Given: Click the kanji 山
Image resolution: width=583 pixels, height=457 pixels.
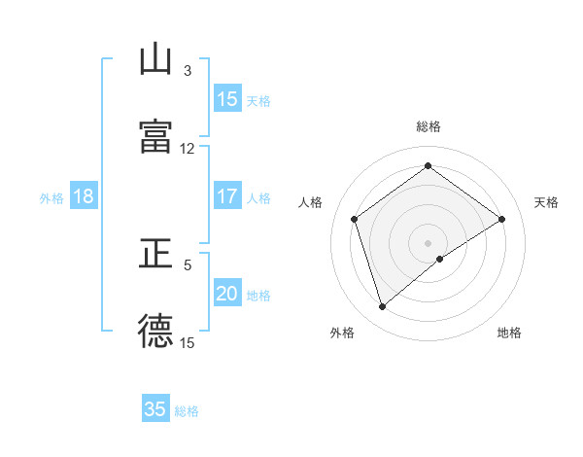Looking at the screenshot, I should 155,61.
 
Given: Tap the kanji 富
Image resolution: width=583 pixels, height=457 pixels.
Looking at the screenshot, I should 155,137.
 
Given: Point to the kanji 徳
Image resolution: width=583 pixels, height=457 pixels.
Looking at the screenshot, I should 155,331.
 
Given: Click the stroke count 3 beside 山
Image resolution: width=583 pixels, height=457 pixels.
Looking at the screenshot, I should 188,71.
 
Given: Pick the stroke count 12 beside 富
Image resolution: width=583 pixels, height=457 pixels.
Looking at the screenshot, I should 188,149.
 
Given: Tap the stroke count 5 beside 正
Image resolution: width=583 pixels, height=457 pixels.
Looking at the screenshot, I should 188,264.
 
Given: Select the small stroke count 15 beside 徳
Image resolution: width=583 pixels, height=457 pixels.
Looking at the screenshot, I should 188,342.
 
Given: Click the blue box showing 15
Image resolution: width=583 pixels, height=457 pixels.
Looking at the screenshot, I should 227,99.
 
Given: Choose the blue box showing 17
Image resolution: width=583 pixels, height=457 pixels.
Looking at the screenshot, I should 227,196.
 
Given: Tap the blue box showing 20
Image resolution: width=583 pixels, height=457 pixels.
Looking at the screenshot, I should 227,294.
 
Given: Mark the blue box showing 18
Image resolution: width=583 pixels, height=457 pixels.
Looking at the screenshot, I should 84,196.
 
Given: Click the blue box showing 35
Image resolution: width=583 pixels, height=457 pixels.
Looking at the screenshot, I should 155,409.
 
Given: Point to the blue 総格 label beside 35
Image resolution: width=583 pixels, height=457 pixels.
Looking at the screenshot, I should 188,411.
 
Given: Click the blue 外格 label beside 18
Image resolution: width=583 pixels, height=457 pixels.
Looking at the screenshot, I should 51,198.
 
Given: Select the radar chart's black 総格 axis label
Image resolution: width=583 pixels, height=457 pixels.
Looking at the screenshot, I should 429,126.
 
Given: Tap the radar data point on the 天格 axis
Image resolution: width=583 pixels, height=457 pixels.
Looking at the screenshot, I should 501,219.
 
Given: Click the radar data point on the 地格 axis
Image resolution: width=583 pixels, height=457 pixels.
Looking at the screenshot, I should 440,259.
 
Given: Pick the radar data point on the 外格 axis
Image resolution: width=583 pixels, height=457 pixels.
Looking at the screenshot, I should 383,307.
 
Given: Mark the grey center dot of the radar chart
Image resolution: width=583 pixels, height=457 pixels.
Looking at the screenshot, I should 429,242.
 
